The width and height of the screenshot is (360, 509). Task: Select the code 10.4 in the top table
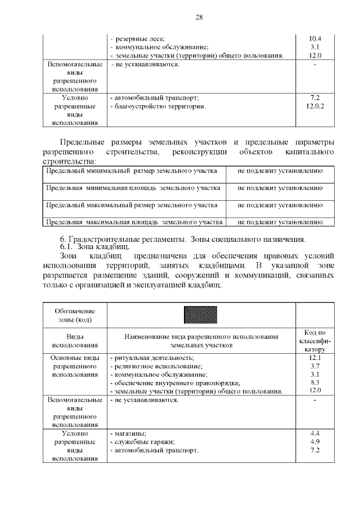pyautogui.click(x=315, y=38)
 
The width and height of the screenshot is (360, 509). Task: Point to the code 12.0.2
pyautogui.click(x=315, y=106)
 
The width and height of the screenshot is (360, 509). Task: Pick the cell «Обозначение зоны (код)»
pyautogui.click(x=75, y=316)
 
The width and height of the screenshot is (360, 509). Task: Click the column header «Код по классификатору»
pyautogui.click(x=315, y=340)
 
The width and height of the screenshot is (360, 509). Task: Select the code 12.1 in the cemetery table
pyautogui.click(x=315, y=358)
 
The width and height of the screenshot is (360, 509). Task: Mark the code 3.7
pyautogui.click(x=315, y=366)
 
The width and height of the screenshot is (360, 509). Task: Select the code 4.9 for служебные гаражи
pyautogui.click(x=315, y=442)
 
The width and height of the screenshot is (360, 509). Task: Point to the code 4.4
pyautogui.click(x=315, y=434)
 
